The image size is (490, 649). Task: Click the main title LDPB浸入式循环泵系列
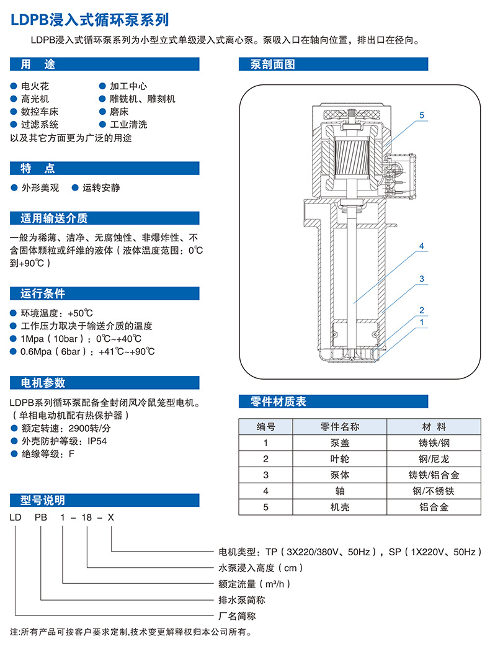[89, 19]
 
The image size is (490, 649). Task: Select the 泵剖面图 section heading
[272, 64]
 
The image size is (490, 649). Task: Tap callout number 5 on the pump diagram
[422, 115]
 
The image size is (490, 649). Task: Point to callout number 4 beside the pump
[422, 246]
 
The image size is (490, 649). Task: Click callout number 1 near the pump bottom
[422, 322]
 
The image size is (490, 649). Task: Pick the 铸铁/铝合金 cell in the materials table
[434, 475]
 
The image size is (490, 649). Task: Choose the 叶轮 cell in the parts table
[340, 459]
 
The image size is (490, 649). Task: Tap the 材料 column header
[434, 427]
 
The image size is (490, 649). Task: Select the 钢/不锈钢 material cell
[434, 491]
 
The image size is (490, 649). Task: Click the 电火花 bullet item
[35, 86]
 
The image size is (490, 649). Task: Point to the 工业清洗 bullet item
[128, 125]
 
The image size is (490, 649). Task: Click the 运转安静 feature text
[101, 188]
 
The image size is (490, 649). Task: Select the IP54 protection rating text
[97, 441]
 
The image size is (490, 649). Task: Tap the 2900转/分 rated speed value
[90, 428]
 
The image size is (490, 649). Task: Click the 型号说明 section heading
[43, 501]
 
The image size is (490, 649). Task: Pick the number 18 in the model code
[86, 517]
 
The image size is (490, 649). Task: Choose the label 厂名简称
[237, 616]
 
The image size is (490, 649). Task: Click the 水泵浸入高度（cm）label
[261, 568]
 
